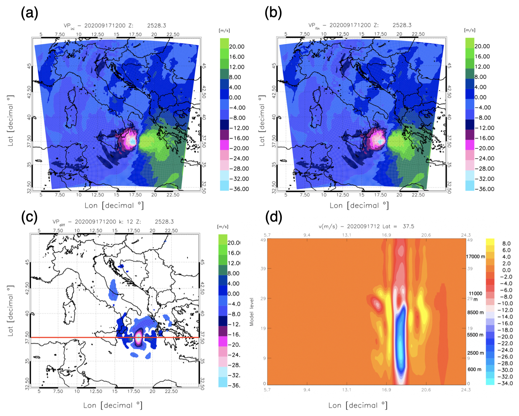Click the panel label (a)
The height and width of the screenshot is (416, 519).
29,13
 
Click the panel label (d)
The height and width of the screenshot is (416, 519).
273,217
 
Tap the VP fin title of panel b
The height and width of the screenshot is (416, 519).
360,26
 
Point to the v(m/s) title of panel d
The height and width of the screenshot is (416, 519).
366,226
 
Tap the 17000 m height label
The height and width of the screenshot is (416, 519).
475,256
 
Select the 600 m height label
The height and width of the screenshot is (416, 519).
475,369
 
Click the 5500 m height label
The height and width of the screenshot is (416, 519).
475,335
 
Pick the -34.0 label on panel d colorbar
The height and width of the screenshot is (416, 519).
505,383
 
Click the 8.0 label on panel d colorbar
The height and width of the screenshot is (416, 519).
506,243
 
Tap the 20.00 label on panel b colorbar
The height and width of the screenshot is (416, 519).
482,46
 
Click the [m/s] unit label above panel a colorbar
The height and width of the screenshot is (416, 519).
224,31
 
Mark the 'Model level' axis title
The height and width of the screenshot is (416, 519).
251,312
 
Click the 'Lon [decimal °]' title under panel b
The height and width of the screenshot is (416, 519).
359,205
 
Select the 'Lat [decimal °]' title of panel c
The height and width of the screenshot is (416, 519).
10,311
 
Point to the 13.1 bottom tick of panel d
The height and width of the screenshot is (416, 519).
346,390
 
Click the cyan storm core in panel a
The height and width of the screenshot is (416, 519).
133,142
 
